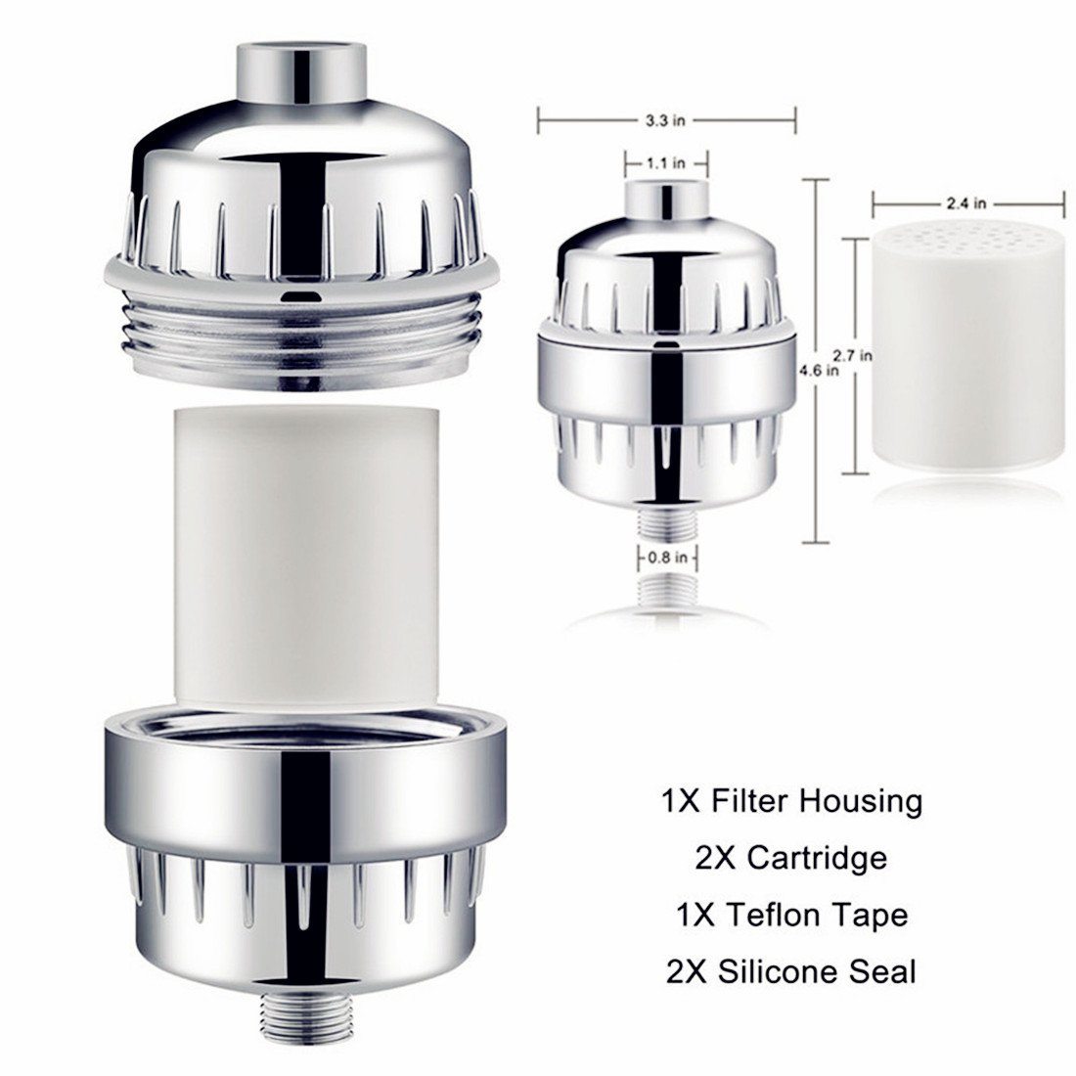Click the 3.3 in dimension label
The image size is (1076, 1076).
tap(666, 120)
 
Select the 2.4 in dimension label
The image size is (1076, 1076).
tap(965, 204)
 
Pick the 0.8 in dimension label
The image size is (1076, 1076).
tap(668, 560)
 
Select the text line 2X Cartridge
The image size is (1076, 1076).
tap(790, 858)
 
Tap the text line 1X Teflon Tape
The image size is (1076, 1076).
tap(790, 915)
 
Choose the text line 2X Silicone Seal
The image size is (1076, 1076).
tap(790, 971)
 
